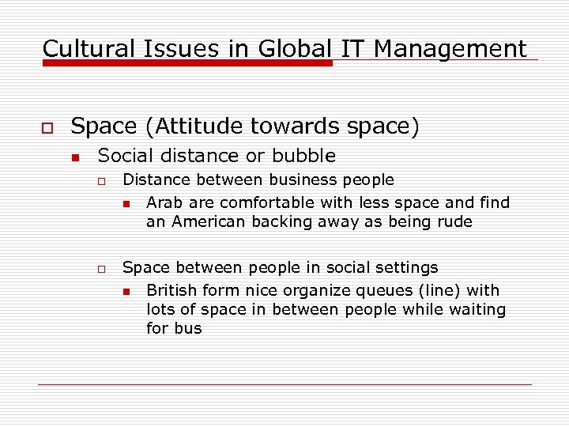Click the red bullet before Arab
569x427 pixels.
coord(126,204)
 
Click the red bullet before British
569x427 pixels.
coord(126,292)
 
